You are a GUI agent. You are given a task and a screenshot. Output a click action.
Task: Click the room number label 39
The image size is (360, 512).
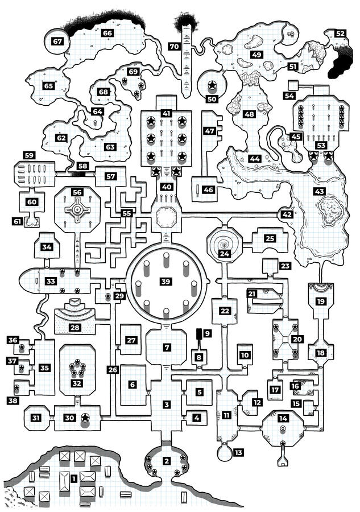(x=166, y=282)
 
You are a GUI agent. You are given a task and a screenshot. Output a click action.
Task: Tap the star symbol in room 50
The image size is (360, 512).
(x=212, y=86)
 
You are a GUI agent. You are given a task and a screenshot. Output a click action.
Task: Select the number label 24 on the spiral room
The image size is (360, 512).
(x=225, y=254)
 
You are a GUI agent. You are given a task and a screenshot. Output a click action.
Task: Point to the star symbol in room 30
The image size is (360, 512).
(x=85, y=418)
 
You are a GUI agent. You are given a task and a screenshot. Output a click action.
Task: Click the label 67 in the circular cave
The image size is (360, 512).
(x=57, y=41)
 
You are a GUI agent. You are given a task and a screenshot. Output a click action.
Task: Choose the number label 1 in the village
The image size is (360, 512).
(x=74, y=479)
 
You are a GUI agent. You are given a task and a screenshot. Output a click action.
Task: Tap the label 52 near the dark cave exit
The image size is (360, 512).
(x=340, y=34)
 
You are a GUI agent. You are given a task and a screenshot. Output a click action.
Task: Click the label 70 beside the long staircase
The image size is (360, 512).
(x=174, y=46)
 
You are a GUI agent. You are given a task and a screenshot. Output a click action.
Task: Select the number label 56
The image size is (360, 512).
(x=77, y=192)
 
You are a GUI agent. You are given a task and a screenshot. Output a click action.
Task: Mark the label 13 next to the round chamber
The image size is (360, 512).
(x=238, y=452)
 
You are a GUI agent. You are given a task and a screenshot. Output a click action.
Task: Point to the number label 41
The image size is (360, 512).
(x=167, y=113)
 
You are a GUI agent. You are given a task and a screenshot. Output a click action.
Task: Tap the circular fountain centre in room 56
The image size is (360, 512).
(x=76, y=210)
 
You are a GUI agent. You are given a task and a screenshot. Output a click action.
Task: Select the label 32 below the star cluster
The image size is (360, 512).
(x=76, y=383)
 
